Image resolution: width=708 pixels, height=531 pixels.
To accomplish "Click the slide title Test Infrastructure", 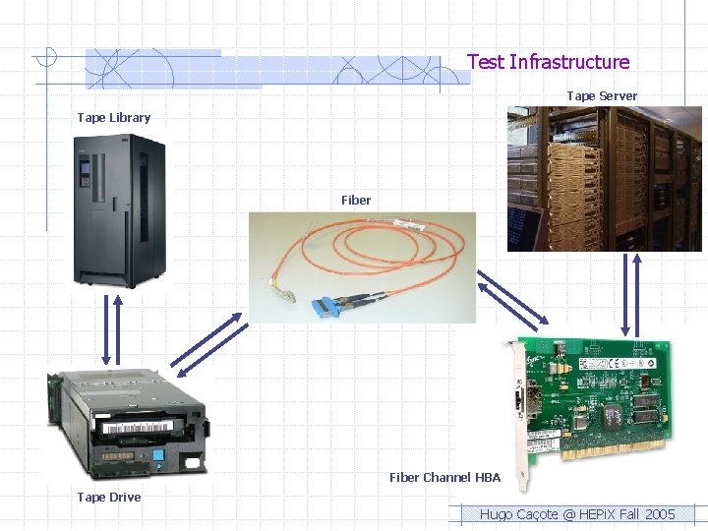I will (548, 62).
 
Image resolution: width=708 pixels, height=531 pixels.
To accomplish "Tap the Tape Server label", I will (602, 95).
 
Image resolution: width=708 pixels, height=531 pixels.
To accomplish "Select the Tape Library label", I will (114, 118).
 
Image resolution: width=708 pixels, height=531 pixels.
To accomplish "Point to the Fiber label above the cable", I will (356, 200).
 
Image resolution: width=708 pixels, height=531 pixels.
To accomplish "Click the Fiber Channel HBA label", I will (444, 478).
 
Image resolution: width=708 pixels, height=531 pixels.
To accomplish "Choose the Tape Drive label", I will (109, 498).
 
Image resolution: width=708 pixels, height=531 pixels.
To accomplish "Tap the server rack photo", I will (605, 178).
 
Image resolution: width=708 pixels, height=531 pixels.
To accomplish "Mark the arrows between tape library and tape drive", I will (111, 330).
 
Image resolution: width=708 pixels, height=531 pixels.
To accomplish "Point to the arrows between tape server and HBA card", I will (630, 294).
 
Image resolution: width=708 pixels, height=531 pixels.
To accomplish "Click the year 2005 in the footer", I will (659, 514).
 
